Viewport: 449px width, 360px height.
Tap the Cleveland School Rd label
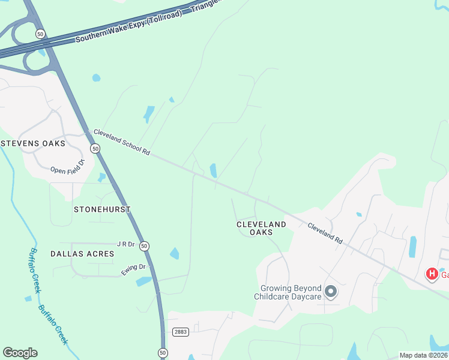[121, 142]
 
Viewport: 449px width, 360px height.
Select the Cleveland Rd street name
[325, 233]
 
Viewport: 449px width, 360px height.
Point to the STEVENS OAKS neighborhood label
[33, 143]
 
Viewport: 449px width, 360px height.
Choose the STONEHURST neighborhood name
[101, 209]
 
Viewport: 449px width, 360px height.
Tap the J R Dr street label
[126, 244]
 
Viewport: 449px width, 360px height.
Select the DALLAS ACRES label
[82, 254]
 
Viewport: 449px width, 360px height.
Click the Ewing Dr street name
[133, 270]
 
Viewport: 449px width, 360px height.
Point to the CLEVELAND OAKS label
[261, 228]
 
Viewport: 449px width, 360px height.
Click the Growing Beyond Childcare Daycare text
[288, 292]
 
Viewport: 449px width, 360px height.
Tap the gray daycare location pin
[330, 292]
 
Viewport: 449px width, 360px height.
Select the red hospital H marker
[431, 274]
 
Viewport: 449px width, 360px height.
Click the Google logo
[20, 353]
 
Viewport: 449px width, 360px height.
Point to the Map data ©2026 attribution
[423, 355]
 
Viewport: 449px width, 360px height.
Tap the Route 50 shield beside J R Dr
[144, 246]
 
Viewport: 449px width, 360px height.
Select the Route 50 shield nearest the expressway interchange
[40, 34]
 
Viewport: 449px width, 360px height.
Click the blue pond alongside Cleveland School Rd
[213, 170]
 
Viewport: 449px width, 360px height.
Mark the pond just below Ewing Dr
[143, 281]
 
